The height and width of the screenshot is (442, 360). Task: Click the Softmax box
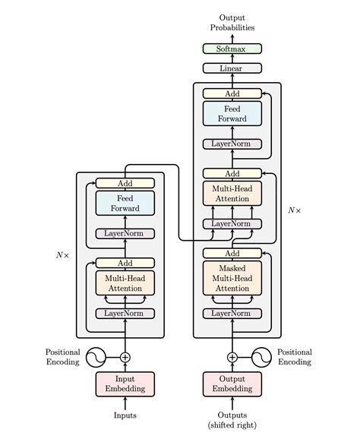click(232, 49)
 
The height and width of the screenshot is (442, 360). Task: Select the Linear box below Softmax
click(232, 68)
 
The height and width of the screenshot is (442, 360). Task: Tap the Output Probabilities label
click(232, 22)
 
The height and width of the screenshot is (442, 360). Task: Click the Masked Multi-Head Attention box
click(232, 278)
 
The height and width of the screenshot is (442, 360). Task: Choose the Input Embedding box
click(125, 384)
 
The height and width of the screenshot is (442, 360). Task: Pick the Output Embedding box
click(232, 384)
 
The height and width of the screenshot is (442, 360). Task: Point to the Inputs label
click(125, 415)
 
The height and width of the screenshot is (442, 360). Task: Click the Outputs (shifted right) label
click(232, 419)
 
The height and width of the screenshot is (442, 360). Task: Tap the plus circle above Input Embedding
click(125, 357)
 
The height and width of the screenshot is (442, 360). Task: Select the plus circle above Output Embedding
click(232, 357)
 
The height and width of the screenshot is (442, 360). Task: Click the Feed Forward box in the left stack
click(125, 203)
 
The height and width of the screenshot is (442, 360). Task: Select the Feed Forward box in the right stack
click(232, 114)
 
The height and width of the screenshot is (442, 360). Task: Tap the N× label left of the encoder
click(62, 255)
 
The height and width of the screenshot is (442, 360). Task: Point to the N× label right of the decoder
click(294, 210)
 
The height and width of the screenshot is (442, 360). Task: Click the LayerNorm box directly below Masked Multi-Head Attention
click(232, 313)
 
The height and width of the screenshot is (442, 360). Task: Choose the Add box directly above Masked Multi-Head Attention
click(232, 253)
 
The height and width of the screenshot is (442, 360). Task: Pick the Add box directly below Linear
click(232, 93)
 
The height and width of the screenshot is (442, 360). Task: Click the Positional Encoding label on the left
click(62, 357)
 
